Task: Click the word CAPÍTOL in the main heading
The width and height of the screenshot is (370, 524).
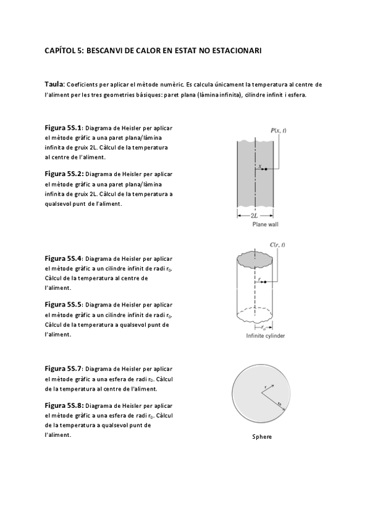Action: click(61, 51)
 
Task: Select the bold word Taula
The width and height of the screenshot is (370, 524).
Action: click(54, 84)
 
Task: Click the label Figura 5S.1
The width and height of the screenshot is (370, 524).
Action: click(63, 128)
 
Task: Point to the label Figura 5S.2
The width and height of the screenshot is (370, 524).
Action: click(64, 174)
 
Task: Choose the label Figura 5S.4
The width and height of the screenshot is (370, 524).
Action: click(63, 258)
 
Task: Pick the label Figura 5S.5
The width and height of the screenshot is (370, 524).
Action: click(63, 305)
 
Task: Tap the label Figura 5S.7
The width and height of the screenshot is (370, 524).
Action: click(63, 369)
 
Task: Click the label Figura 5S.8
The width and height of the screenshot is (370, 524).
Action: click(64, 406)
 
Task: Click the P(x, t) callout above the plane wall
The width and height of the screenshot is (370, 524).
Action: click(278, 130)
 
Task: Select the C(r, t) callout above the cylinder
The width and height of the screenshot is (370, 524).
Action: click(277, 245)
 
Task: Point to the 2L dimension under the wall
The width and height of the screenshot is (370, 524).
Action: click(254, 216)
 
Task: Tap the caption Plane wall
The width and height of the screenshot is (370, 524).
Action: click(265, 224)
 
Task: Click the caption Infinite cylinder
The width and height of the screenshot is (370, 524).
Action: click(266, 336)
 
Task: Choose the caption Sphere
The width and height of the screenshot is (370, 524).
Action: click(262, 437)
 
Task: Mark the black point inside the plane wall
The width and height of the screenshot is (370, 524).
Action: click(266, 169)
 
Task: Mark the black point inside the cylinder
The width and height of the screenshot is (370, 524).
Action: click(265, 282)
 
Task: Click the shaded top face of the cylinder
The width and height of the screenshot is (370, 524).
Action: click(254, 260)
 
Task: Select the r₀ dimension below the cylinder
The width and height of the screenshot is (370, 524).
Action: click(264, 327)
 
